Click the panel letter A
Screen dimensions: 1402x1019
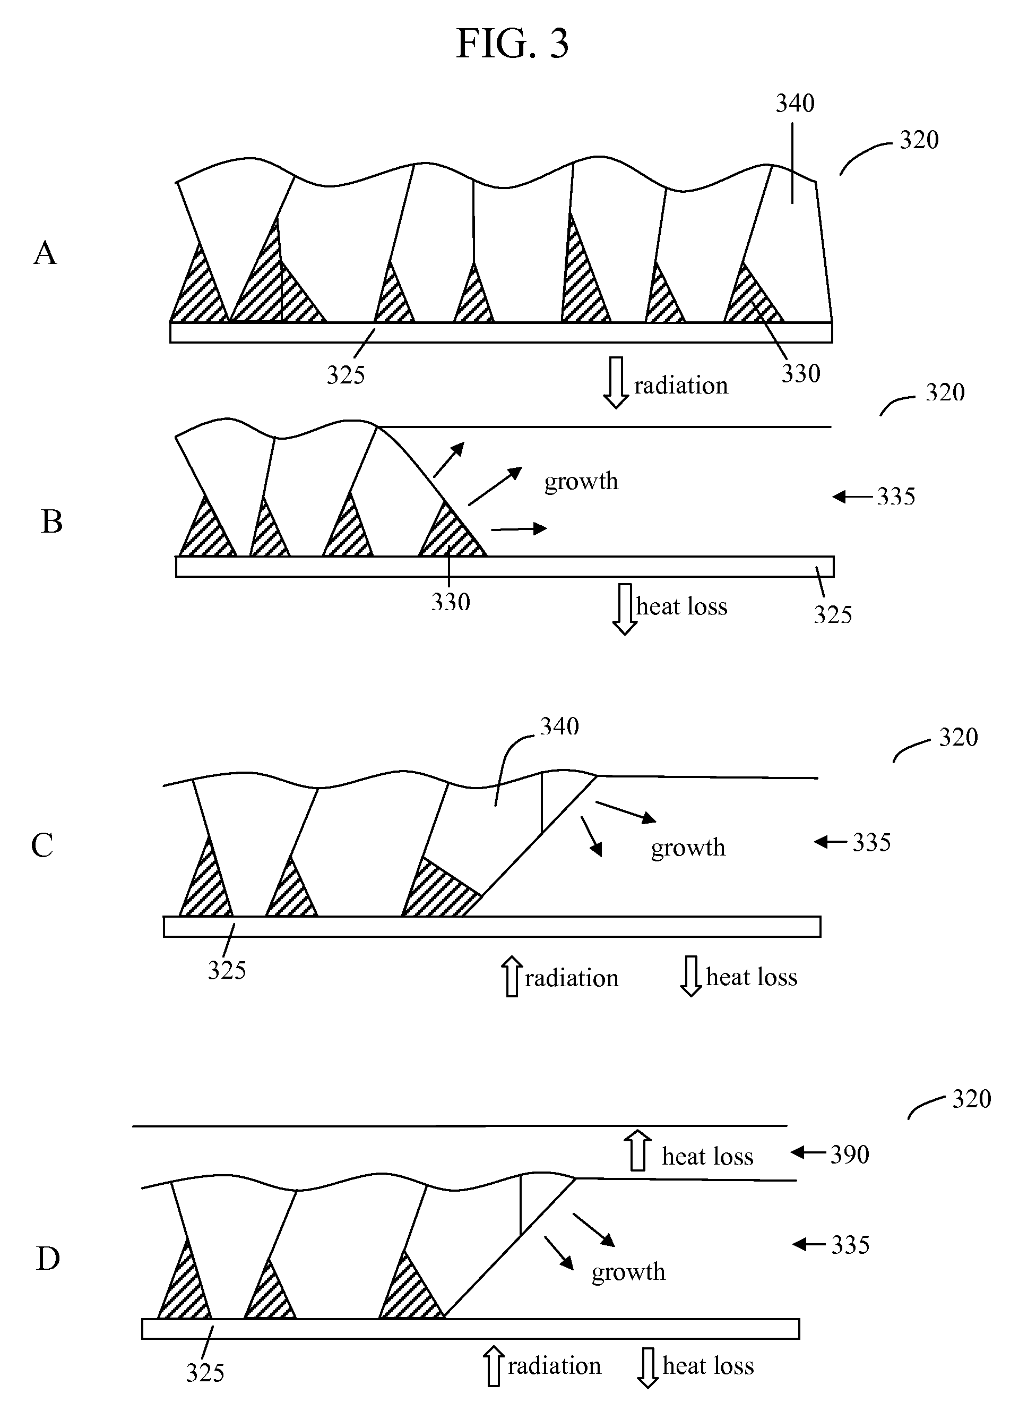45,253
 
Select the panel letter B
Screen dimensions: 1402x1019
52,521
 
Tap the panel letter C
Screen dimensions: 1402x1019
42,845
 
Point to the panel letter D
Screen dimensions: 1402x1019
48,1259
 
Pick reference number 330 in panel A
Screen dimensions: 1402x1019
800,373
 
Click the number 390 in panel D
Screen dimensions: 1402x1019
849,1155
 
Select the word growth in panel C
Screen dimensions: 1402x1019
688,847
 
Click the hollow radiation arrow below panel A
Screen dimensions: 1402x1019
616,382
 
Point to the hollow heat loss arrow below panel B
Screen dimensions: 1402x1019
624,609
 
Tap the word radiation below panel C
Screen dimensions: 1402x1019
572,978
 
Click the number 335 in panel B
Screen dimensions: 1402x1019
895,496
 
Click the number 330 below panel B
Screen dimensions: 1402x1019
451,602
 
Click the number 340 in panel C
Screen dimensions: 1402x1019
559,726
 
